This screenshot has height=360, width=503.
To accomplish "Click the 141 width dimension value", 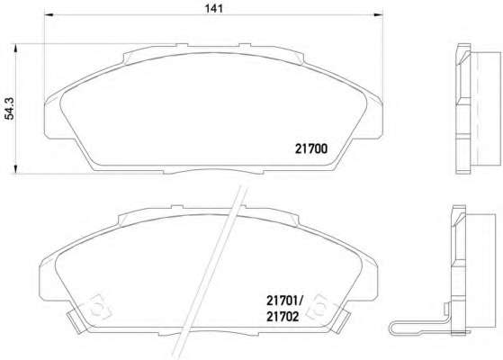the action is pyautogui.click(x=214, y=8).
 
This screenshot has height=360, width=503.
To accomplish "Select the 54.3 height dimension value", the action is pyautogui.click(x=10, y=109).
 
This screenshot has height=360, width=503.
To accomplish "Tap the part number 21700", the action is pyautogui.click(x=311, y=148).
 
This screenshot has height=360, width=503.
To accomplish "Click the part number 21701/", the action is pyautogui.click(x=284, y=301).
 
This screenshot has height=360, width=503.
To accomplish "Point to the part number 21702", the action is pyautogui.click(x=283, y=317).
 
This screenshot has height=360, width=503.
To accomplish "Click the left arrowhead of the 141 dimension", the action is pyautogui.click(x=48, y=14).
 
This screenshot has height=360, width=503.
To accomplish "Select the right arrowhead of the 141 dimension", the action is pyautogui.click(x=379, y=14).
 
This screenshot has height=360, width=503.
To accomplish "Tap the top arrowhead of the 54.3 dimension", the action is pyautogui.click(x=15, y=48).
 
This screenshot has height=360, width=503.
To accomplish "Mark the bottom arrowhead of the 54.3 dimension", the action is pyautogui.click(x=15, y=169).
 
